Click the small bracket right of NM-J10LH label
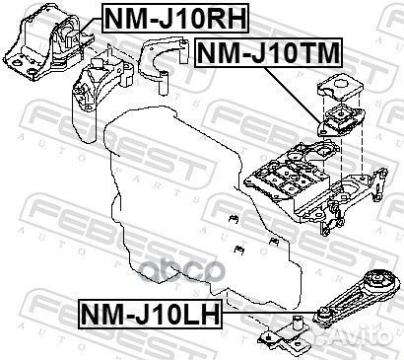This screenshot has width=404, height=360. [288, 336]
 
